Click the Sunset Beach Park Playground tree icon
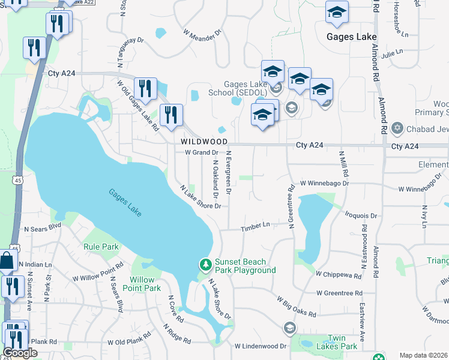click(205, 264)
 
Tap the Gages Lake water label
click(125, 203)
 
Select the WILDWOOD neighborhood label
click(204, 142)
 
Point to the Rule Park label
click(101, 247)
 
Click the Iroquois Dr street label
click(361, 215)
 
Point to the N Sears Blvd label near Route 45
click(43, 227)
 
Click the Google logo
click(20, 353)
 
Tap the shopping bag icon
click(7, 262)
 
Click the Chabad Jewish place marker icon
click(397, 128)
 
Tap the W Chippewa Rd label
click(339, 274)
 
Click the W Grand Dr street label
click(200, 152)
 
